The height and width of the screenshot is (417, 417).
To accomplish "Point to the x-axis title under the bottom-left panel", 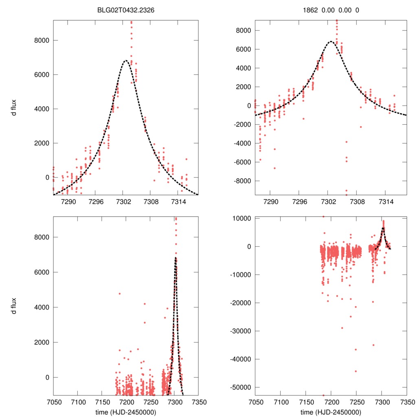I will pyautogui.click(x=125, y=412).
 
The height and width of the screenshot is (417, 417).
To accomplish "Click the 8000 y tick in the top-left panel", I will pyautogui.click(x=42, y=40).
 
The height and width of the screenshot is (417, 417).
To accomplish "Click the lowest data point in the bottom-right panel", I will pyautogui.click(x=324, y=395).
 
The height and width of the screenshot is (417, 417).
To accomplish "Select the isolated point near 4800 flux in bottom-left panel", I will pyautogui.click(x=119, y=294).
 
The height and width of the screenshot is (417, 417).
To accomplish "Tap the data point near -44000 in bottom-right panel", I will pyautogui.click(x=356, y=371).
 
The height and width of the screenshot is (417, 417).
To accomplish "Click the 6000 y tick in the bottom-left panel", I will pyautogui.click(x=42, y=272).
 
